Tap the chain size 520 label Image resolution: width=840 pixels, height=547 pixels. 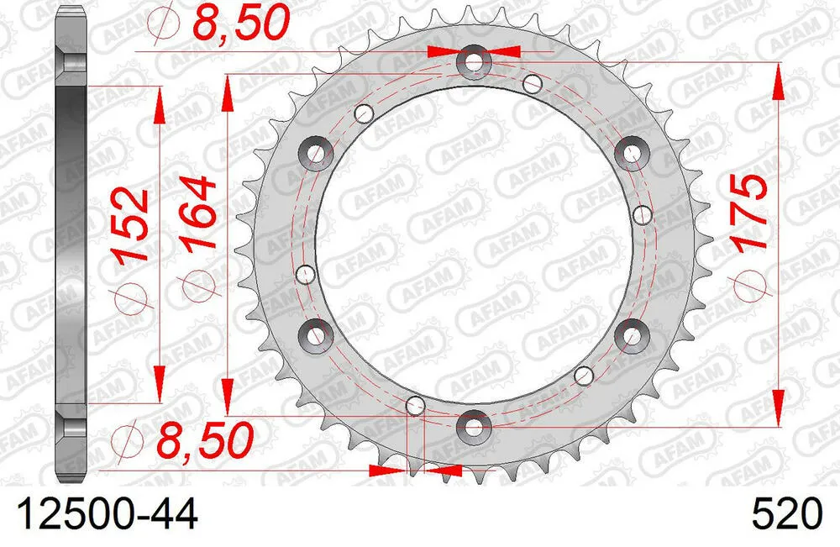pos(790,513)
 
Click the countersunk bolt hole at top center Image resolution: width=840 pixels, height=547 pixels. pos(475,62)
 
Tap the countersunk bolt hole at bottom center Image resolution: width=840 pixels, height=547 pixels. pos(475,427)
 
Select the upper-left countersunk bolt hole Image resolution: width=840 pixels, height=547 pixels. pos(317,152)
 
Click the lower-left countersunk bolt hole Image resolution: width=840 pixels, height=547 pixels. pos(317,335)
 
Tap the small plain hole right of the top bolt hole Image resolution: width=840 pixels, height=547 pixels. pos(532,82)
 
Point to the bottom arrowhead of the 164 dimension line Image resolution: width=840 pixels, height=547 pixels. pos(226,392)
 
